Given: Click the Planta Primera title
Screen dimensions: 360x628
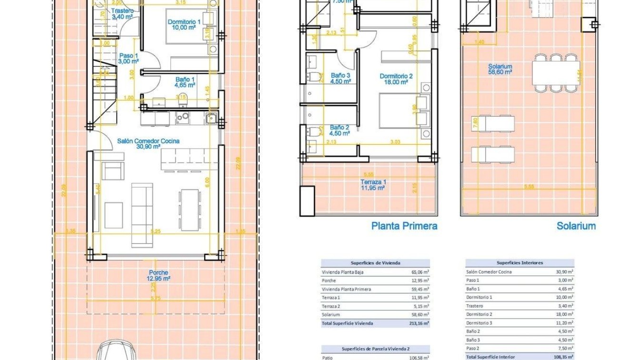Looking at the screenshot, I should (x=404, y=226).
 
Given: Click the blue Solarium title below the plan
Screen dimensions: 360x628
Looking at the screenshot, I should (x=576, y=226).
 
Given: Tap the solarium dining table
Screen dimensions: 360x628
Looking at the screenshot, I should (x=556, y=72).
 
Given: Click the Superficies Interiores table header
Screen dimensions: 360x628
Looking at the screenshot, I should (x=519, y=263).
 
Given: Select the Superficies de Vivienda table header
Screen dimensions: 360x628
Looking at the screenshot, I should (x=375, y=263).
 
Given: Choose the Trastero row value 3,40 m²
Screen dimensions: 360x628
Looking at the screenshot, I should (x=566, y=306).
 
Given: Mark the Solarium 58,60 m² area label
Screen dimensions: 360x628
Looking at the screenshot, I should (x=499, y=69).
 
